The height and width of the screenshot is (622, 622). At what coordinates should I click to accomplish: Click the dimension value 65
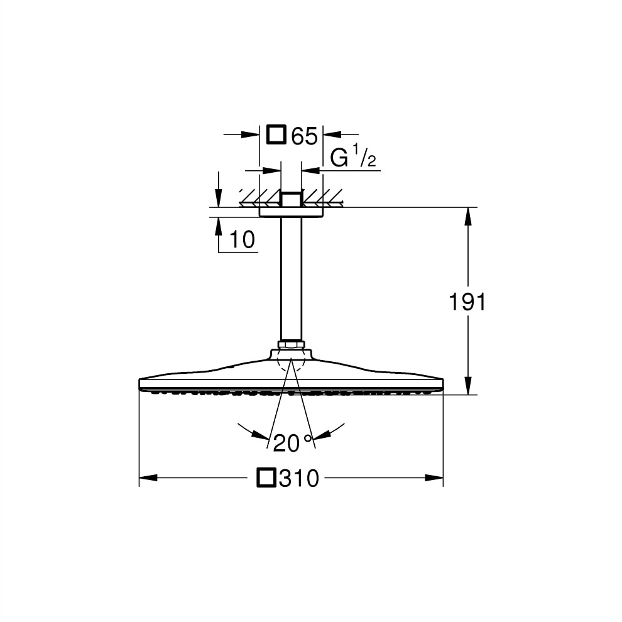pyautogui.click(x=305, y=136)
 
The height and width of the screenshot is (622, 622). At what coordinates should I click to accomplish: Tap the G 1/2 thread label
pyautogui.click(x=352, y=156)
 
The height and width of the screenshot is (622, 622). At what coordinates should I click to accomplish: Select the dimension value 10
pyautogui.click(x=242, y=239)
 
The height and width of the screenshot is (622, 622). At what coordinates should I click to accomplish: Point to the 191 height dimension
pyautogui.click(x=467, y=302)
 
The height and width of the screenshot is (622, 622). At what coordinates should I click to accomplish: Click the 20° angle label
pyautogui.click(x=293, y=443)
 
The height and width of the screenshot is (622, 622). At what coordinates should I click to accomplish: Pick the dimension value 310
pyautogui.click(x=298, y=478)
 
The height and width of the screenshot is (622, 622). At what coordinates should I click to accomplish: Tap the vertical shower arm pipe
pyautogui.click(x=291, y=278)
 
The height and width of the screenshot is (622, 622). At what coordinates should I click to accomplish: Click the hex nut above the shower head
pyautogui.click(x=291, y=344)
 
